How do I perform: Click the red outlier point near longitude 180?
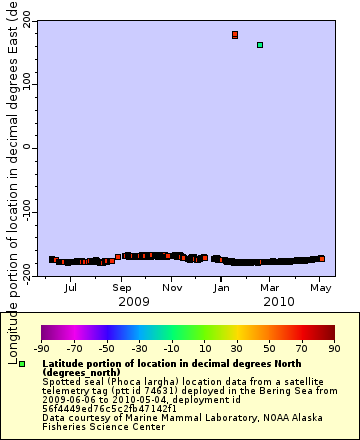[235, 35]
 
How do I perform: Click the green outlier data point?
[260, 45]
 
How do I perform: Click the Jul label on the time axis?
[70, 288]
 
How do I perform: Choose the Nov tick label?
[172, 288]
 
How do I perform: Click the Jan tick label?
[222, 288]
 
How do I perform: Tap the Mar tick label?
[270, 288]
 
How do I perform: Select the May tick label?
[321, 288]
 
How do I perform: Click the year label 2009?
[133, 301]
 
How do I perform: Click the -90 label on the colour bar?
[41, 348]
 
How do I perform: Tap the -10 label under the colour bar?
[172, 348]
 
